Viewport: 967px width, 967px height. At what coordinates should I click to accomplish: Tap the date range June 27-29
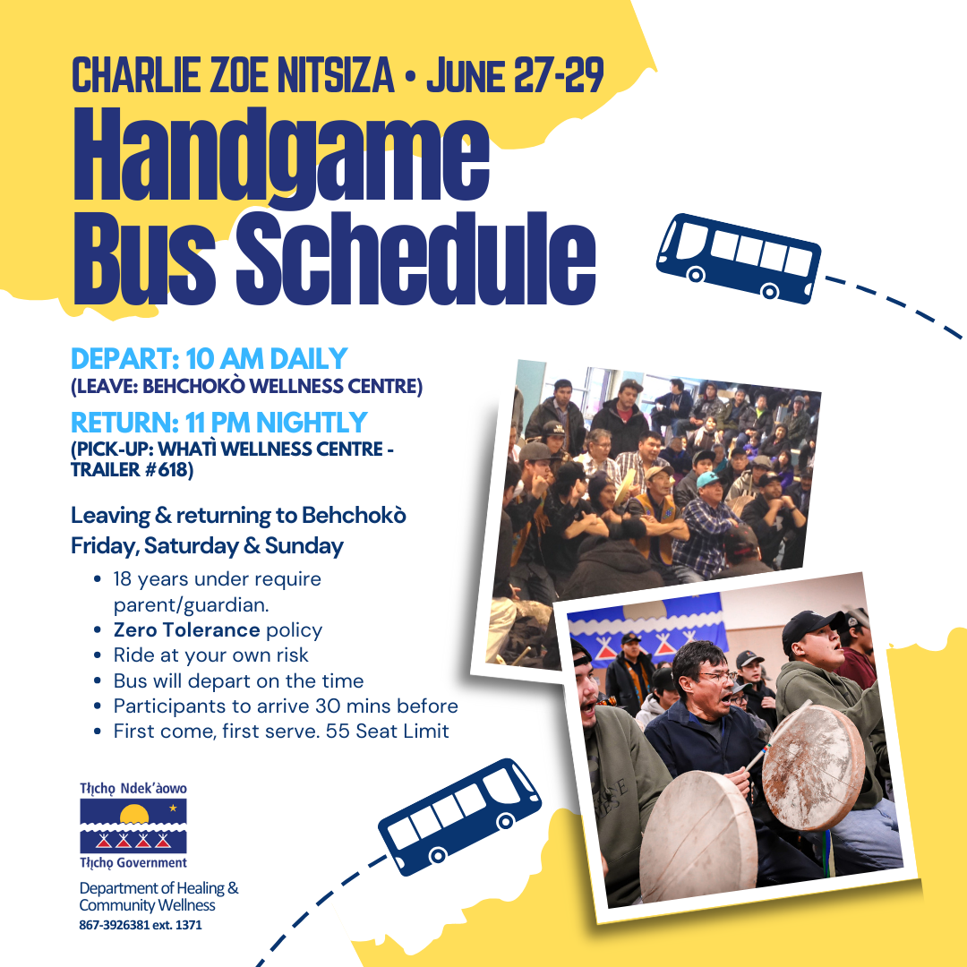coord(515,75)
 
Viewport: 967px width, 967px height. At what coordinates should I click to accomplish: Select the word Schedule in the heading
coord(415,259)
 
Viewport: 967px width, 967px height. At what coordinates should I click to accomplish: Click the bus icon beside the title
coord(739,258)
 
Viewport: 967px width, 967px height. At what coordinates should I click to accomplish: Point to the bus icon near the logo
coord(460,817)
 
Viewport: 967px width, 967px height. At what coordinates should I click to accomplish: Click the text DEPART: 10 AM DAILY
coord(209,359)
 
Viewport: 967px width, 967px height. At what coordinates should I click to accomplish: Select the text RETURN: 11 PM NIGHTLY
coord(219,423)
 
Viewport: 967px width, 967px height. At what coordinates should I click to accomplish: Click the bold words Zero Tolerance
coord(187,629)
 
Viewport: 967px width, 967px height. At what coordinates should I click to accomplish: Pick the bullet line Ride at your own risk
coord(211,655)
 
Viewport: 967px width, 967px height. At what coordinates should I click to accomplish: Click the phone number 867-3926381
coord(114,925)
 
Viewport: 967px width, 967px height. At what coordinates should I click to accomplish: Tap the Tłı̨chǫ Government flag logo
coord(133,826)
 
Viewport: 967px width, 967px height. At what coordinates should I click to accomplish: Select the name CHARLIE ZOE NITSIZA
coord(233,75)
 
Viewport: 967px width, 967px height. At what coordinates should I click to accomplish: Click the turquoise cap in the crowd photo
coord(708,478)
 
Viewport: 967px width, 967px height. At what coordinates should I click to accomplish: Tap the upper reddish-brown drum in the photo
coord(813,768)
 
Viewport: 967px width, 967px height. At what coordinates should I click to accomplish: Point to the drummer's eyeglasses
coord(719,677)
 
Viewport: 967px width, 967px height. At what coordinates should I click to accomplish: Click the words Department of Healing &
coord(158,888)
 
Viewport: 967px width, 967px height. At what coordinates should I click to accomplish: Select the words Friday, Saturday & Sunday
coord(207,546)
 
